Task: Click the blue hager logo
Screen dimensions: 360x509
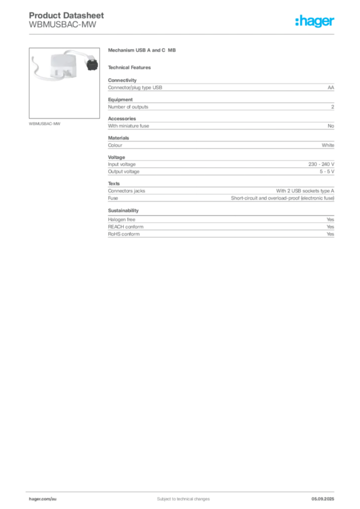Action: pyautogui.click(x=315, y=22)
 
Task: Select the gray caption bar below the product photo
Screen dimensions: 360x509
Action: pyautogui.click(x=46, y=123)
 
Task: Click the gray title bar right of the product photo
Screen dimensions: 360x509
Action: pyautogui.click(x=143, y=51)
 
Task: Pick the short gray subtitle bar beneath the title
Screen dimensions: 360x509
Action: pyautogui.click(x=131, y=67)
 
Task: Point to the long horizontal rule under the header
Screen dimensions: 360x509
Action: pyautogui.click(x=182, y=34)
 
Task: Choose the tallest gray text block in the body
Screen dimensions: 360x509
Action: pyautogui.click(x=221, y=192)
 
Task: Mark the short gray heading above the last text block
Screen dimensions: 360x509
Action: pyautogui.click(x=123, y=210)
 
